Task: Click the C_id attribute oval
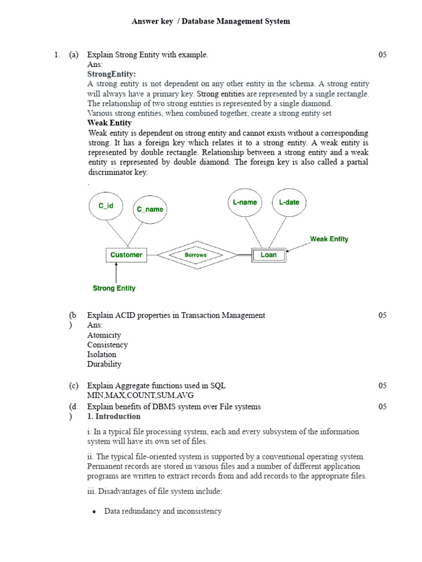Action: [105, 205]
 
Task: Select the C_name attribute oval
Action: [150, 209]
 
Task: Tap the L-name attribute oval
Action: [245, 202]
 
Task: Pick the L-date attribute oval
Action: [289, 202]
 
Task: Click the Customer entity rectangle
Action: [126, 255]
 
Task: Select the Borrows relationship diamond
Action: [196, 255]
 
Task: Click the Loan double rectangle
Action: [269, 255]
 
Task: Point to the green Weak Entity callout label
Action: [329, 239]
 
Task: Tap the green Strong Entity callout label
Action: [114, 288]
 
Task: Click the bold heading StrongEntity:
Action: [112, 74]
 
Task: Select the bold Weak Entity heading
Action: [109, 123]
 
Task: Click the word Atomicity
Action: [104, 335]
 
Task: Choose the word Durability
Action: [104, 364]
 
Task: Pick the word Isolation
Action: [102, 355]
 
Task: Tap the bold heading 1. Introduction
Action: [114, 417]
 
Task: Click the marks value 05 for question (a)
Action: [382, 55]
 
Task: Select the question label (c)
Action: [74, 386]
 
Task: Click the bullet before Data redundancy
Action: [95, 512]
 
